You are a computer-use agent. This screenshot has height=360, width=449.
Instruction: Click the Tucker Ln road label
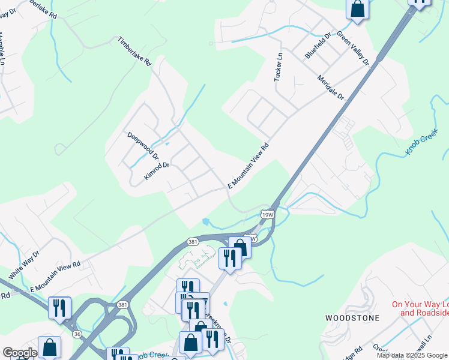click(x=278, y=67)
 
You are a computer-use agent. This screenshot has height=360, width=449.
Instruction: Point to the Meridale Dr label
click(x=331, y=87)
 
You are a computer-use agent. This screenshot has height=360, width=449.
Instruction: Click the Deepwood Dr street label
click(x=143, y=145)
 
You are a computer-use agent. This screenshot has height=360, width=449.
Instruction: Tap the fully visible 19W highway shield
click(x=268, y=214)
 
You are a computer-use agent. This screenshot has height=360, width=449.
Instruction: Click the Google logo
click(x=19, y=353)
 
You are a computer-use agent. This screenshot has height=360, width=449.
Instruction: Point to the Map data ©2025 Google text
click(x=412, y=355)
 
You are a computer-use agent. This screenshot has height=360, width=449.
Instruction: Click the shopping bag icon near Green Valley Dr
click(x=357, y=9)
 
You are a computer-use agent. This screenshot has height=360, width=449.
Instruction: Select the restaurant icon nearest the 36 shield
click(x=59, y=307)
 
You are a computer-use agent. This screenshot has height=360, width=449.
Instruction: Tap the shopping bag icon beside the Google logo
click(x=49, y=346)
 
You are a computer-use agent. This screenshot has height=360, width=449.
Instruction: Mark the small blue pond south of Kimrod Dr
click(x=206, y=221)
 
